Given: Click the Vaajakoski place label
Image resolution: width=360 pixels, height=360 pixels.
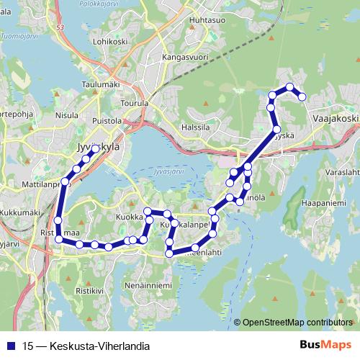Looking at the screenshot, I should (336, 114).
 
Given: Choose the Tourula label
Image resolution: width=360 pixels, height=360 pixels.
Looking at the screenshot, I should (135, 103).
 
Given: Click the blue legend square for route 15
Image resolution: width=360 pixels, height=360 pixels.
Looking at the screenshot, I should (12, 346).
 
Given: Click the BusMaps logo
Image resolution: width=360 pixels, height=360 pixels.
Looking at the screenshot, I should (326, 345).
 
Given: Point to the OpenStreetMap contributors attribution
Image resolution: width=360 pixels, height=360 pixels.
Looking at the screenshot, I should (296, 322).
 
